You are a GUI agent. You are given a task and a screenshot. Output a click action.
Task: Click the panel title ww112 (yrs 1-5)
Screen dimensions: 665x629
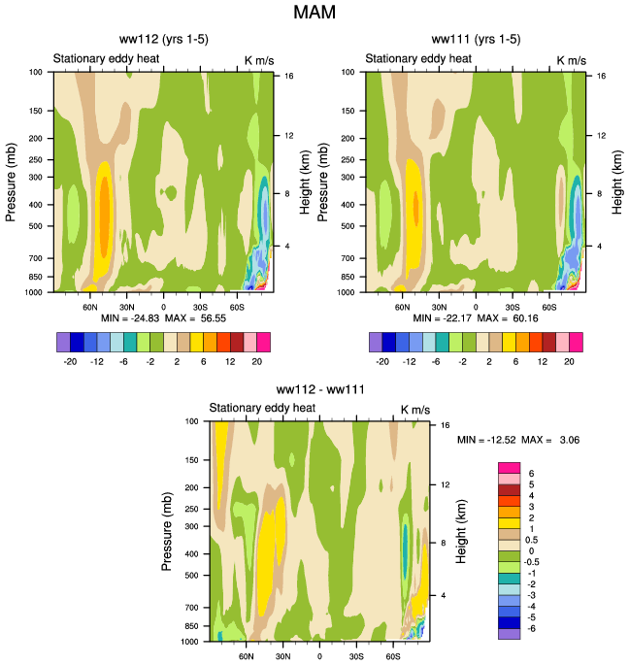point(162,40)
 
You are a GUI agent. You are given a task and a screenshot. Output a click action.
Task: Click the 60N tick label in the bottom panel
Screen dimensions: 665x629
point(247,656)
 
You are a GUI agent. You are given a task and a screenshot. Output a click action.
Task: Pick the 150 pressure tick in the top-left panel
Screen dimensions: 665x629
point(36,112)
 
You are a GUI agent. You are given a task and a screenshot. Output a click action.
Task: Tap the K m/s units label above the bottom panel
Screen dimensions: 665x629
point(414,409)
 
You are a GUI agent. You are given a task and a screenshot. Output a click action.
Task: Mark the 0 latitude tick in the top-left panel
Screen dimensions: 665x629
point(163,306)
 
